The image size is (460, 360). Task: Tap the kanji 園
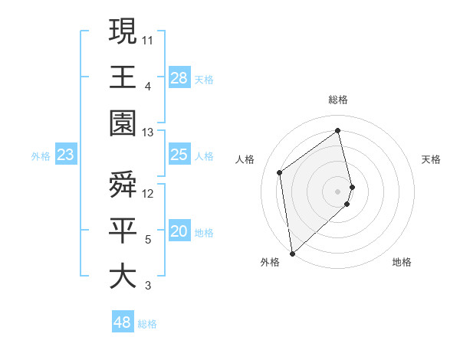[123, 123]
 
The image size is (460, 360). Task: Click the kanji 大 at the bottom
[123, 276]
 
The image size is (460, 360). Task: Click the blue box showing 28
[179, 77]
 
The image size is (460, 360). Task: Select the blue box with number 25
[179, 155]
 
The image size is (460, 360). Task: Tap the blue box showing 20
[179, 231]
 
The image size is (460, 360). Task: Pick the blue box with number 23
[65, 155]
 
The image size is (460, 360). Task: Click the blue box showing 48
[123, 322]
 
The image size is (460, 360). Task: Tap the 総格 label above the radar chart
[338, 100]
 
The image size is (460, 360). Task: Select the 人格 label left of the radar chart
[245, 159]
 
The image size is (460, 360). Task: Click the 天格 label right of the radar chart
[431, 159]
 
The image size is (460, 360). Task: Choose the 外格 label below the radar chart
[269, 262]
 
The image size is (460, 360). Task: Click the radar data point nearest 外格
[292, 253]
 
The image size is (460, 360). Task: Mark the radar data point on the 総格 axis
[338, 130]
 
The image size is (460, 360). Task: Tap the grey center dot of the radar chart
[338, 191]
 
